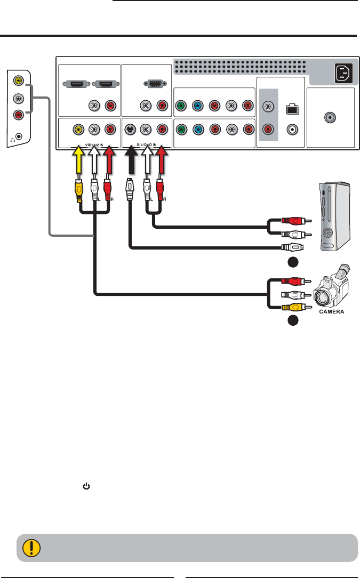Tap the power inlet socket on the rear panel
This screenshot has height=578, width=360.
[343, 74]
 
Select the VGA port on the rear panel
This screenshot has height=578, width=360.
[153, 84]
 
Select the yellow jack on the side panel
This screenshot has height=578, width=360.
[19, 81]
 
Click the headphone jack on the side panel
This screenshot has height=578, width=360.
[19, 136]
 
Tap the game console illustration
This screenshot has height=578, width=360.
[335, 215]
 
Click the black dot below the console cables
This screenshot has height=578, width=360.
[292, 262]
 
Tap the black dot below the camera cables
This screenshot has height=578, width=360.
[292, 320]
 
